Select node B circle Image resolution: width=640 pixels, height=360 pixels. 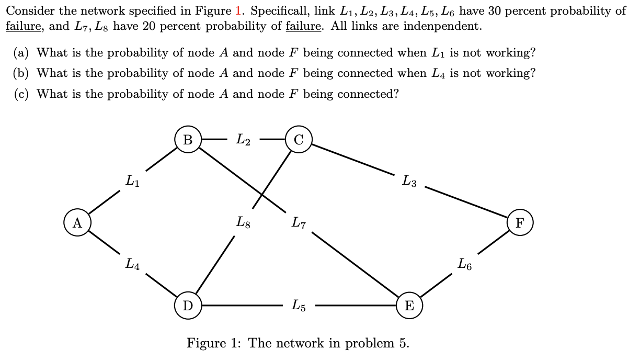click(188, 140)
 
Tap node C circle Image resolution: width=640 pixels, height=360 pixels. click(299, 140)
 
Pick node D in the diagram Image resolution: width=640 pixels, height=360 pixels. click(188, 305)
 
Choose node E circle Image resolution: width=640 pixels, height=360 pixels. click(409, 305)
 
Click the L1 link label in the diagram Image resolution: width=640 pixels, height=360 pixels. click(133, 181)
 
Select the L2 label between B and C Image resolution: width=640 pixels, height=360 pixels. click(243, 140)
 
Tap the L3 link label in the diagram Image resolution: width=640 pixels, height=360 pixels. click(409, 181)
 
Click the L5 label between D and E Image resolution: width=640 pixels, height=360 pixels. click(299, 305)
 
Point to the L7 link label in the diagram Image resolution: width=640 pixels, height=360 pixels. click(299, 223)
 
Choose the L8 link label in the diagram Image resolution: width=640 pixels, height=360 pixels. click(243, 223)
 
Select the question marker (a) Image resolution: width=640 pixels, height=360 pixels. click(21, 53)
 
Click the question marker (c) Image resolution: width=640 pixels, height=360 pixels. click(21, 94)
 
